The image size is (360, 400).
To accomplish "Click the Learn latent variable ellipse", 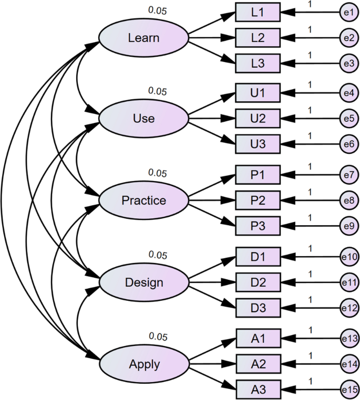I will click(x=143, y=38).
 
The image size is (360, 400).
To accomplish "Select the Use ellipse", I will click(x=143, y=118).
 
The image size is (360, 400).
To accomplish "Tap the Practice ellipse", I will click(x=143, y=200).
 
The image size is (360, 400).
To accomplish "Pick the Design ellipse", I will click(x=143, y=282).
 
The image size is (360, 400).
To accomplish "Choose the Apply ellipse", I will click(x=143, y=364).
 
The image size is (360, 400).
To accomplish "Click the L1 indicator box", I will click(x=258, y=13).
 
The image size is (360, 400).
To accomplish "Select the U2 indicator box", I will click(x=258, y=118).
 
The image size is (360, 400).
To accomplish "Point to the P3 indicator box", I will click(x=258, y=225).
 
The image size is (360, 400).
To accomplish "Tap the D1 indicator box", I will click(x=258, y=258).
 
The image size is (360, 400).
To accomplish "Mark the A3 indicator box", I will click(x=258, y=389).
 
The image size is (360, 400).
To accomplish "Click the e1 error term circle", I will click(x=347, y=13).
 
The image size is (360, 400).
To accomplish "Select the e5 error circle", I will click(x=347, y=118).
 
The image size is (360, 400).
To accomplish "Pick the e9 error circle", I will click(x=347, y=225).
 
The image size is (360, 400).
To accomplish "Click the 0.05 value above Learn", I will click(x=157, y=9).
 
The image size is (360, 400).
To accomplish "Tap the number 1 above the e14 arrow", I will click(x=310, y=355).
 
